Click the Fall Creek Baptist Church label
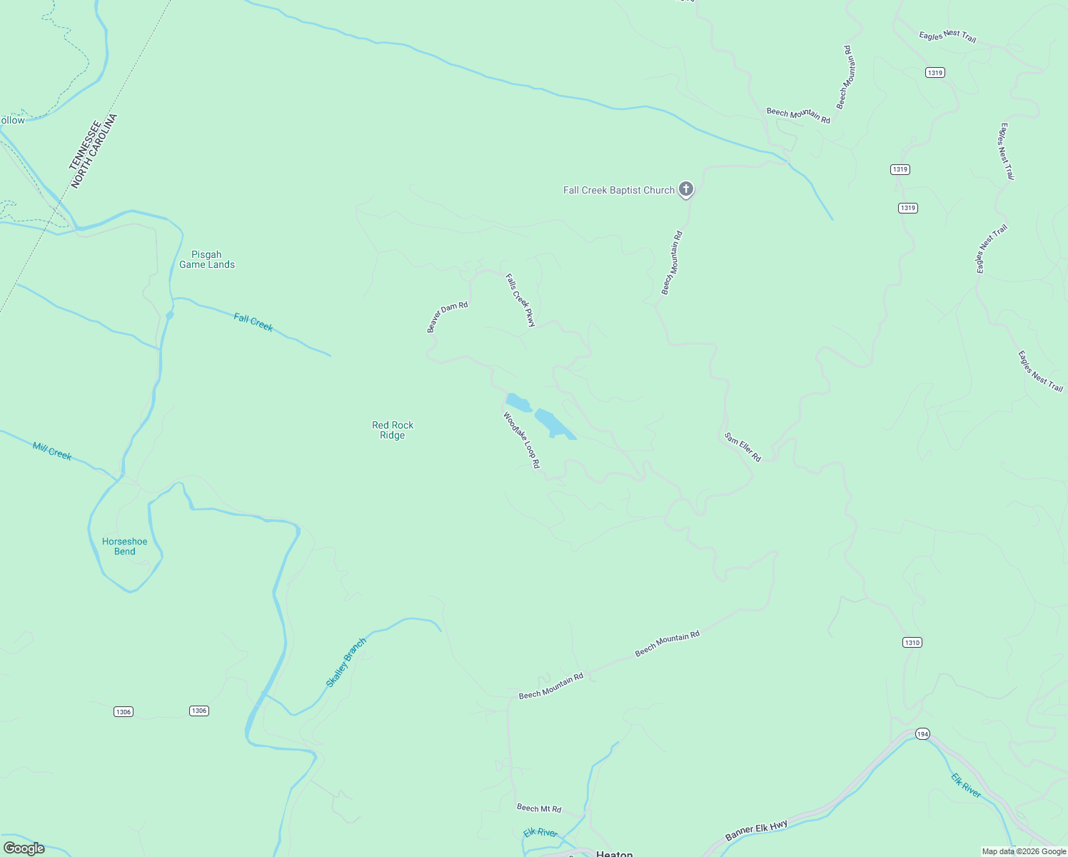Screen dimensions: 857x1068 (618, 190)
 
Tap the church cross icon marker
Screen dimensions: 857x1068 (685, 189)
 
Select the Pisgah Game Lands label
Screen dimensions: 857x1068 (207, 259)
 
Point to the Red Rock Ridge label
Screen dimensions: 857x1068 (393, 430)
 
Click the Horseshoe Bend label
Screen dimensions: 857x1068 (125, 546)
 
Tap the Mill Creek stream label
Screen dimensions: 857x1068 (52, 451)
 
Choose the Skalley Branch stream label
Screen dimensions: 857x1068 (346, 663)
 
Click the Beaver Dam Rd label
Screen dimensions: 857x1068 (447, 317)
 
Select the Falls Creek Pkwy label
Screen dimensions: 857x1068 (520, 300)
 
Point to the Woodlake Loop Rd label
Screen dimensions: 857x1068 (522, 440)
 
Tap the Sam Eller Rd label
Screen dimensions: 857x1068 (742, 447)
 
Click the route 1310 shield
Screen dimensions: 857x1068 (912, 642)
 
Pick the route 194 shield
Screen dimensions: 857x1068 (922, 734)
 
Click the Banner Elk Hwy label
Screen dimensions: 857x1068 (756, 831)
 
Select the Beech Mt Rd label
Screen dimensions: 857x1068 (539, 808)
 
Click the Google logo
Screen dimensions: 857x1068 (24, 848)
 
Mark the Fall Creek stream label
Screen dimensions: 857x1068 (253, 322)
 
